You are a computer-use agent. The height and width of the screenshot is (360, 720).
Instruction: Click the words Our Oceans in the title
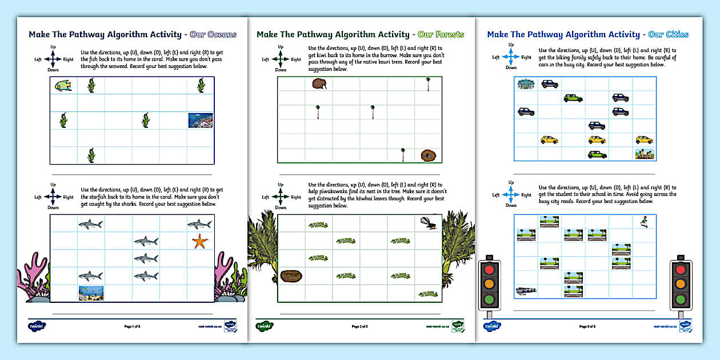tap(213, 34)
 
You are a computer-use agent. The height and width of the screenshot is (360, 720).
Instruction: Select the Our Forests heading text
tap(441, 34)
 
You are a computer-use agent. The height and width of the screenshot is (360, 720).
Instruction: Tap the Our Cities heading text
tap(668, 34)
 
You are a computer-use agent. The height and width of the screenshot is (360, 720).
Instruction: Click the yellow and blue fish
tap(63, 86)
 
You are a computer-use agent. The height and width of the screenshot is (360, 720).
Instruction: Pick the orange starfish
tap(199, 242)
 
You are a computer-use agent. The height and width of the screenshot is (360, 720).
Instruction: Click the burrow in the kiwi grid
tap(428, 155)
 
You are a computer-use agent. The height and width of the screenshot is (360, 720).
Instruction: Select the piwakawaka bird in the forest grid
tap(428, 223)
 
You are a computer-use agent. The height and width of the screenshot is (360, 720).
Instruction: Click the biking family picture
tap(644, 154)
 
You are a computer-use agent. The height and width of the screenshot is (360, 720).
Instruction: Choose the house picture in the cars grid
tap(525, 84)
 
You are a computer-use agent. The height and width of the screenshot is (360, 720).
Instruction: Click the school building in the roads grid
tap(525, 291)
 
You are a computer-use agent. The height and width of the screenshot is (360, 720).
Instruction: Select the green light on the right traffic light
tap(680, 299)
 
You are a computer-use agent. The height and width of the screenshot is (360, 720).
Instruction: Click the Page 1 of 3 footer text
tap(132, 326)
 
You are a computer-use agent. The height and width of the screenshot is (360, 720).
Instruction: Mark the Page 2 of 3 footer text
tap(359, 326)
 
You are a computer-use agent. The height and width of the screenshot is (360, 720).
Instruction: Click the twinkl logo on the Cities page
tap(492, 326)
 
